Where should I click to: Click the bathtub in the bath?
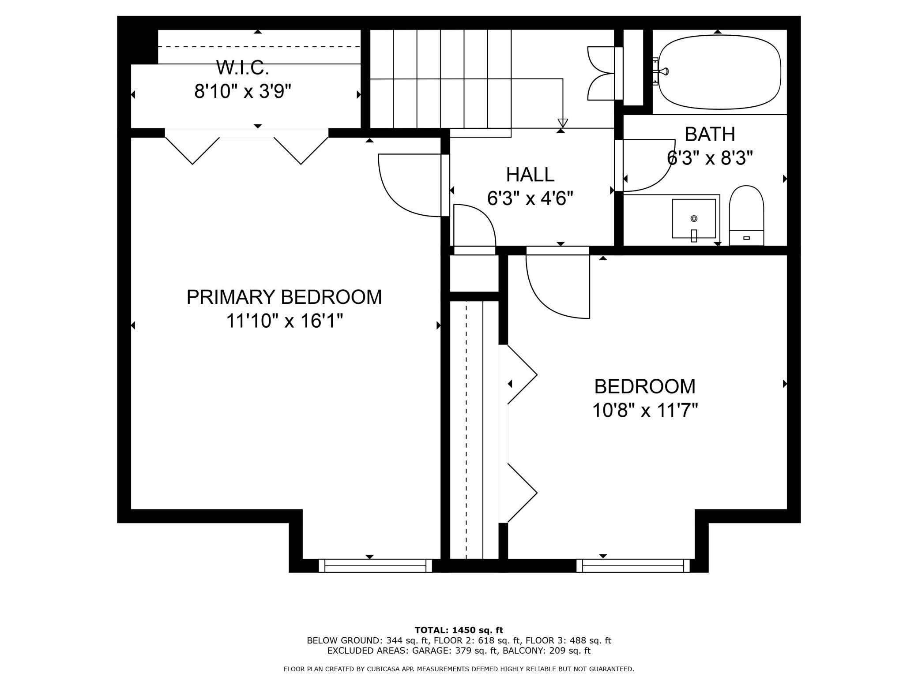[x=719, y=72]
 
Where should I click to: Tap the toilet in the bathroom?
[x=746, y=215]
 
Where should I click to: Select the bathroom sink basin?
[x=694, y=218]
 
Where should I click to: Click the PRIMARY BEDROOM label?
[x=284, y=297]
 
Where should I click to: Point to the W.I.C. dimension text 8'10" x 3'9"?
[x=243, y=92]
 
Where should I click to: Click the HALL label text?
[x=530, y=175]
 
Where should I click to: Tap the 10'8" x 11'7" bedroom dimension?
[x=645, y=411]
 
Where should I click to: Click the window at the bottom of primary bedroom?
[x=375, y=565]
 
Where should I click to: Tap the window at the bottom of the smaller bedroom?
[x=633, y=565]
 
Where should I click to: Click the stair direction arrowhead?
[x=562, y=123]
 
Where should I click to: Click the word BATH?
[x=710, y=135]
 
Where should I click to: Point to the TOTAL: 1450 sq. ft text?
[x=459, y=630]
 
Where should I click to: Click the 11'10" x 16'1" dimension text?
[x=285, y=321]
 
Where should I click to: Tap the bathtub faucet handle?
[x=663, y=71]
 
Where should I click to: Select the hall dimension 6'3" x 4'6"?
[x=530, y=198]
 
